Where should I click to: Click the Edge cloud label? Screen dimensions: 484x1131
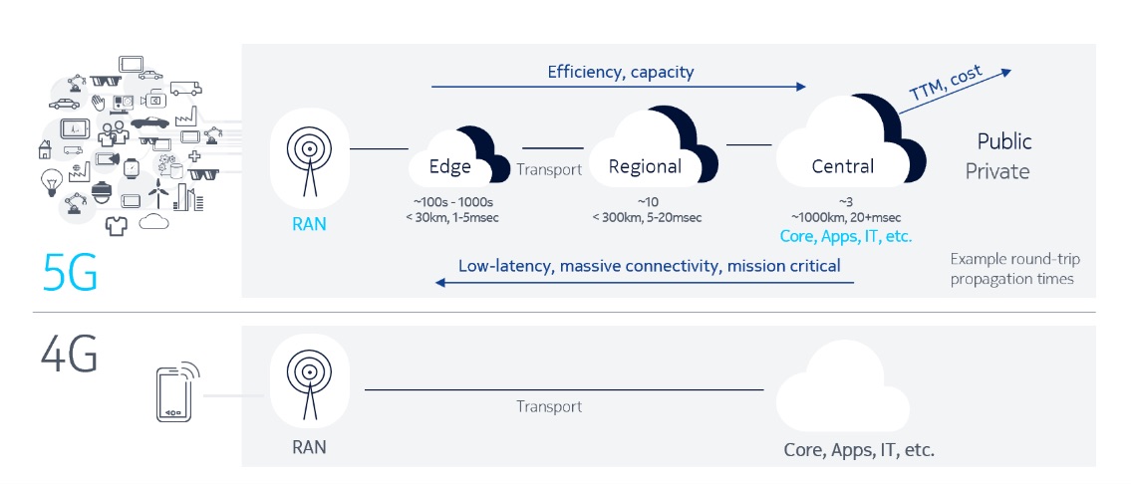(x=449, y=167)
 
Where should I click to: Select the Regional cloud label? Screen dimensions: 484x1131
(x=645, y=167)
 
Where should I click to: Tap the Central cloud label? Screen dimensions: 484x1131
(x=842, y=167)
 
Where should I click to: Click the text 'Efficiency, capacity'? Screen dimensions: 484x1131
(x=620, y=72)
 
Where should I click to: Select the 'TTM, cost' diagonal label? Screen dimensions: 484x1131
(x=945, y=84)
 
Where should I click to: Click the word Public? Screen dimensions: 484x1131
(x=1003, y=141)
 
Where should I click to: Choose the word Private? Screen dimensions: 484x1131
(x=996, y=171)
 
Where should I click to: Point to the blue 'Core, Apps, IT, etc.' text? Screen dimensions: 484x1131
(x=848, y=237)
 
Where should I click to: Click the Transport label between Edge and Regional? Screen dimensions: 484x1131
(x=548, y=169)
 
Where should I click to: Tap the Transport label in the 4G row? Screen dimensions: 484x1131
(x=548, y=406)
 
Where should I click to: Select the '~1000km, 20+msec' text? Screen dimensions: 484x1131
(x=846, y=217)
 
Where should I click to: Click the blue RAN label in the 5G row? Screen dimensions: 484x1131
(x=309, y=225)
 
